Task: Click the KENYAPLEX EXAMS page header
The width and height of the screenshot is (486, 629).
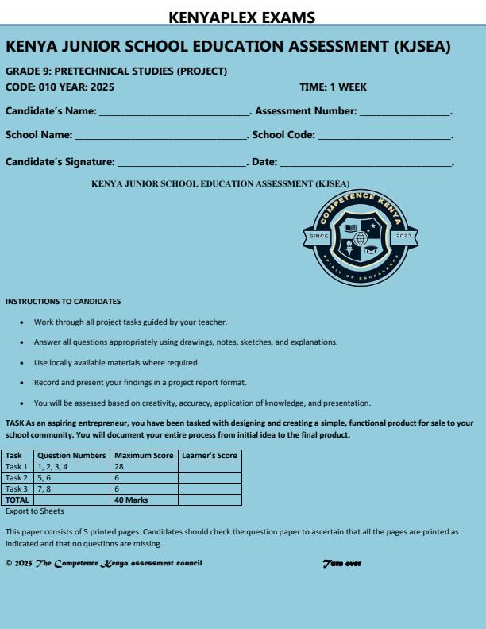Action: point(243,17)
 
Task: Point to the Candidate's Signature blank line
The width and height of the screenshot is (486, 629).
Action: point(182,164)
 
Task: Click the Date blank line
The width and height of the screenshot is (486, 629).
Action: point(365,164)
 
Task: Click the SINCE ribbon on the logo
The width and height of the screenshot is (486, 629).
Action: point(318,237)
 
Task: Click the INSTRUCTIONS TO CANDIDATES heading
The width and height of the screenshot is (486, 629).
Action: point(63,302)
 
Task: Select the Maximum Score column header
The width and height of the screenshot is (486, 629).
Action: point(144,456)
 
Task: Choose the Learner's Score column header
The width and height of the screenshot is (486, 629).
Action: point(208,456)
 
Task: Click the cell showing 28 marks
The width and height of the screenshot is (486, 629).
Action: point(144,467)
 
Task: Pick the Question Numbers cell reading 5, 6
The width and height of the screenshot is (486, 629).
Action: point(71,478)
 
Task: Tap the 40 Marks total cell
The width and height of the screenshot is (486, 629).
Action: point(144,500)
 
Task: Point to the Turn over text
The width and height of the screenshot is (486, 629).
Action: point(342,564)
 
